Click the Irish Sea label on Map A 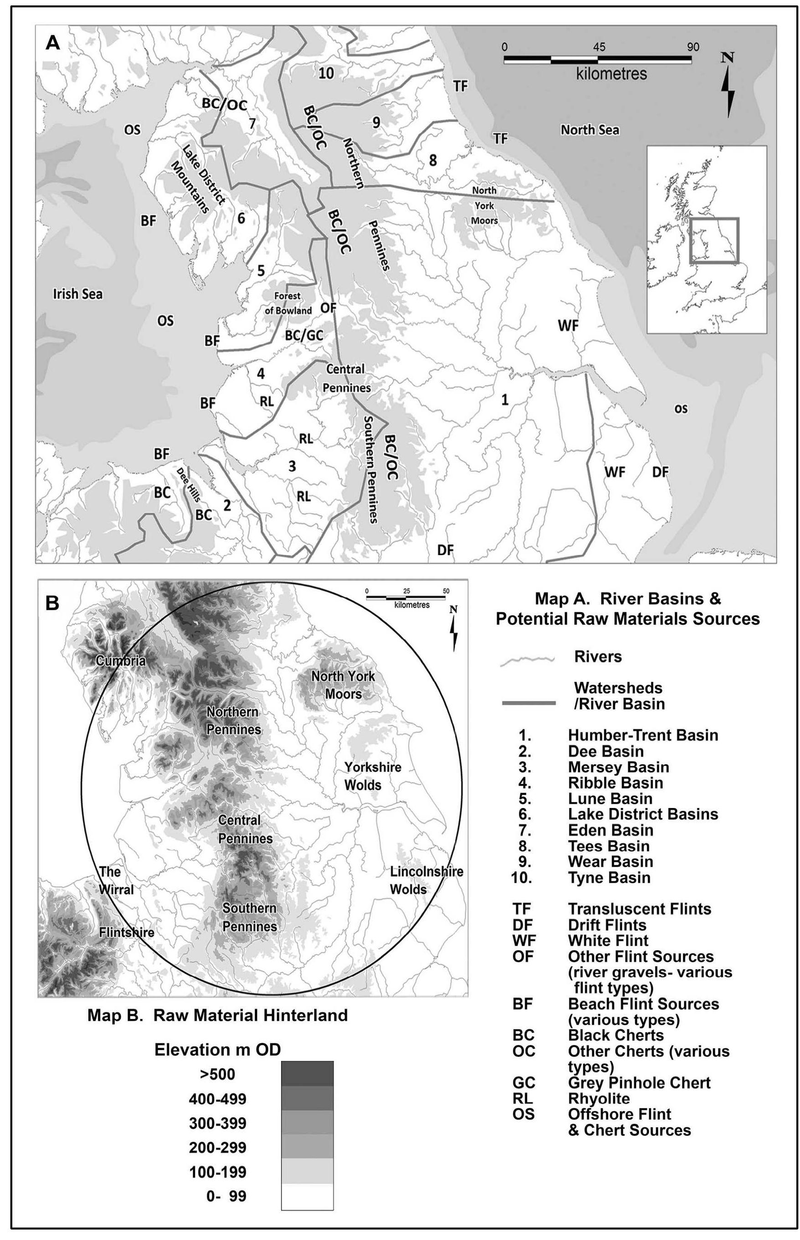pyautogui.click(x=78, y=294)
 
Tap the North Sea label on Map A pyautogui.click(x=590, y=129)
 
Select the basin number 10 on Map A pyautogui.click(x=326, y=73)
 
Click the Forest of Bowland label pyautogui.click(x=288, y=303)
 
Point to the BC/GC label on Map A pyautogui.click(x=304, y=335)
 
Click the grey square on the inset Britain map pyautogui.click(x=714, y=241)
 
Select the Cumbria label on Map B pyautogui.click(x=121, y=661)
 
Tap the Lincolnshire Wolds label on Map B pyautogui.click(x=426, y=880)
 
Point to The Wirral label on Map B pyautogui.click(x=116, y=880)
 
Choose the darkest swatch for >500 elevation pyautogui.click(x=307, y=1073)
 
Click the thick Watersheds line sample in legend pyautogui.click(x=528, y=703)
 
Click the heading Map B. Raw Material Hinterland pyautogui.click(x=218, y=1015)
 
